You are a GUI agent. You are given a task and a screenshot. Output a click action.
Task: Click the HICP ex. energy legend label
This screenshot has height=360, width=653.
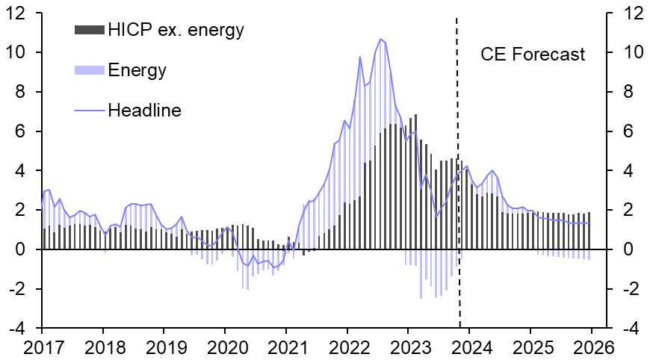[176, 31]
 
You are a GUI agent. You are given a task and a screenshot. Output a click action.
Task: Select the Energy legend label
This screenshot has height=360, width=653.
[137, 71]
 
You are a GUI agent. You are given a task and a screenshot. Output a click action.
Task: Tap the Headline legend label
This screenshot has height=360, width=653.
[145, 111]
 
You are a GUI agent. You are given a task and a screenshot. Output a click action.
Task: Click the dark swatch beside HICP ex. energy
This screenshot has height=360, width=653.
[90, 31]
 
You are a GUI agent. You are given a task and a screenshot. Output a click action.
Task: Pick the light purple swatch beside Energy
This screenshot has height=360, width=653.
[90, 71]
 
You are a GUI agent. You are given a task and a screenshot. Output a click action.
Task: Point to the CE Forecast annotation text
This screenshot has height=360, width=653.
[532, 55]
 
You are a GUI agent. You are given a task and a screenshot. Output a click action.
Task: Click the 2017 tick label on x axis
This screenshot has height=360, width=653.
[42, 347]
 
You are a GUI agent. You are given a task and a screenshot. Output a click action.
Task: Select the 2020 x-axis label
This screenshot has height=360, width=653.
[225, 347]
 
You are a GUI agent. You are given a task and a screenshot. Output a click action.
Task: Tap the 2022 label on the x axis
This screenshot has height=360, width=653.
[347, 347]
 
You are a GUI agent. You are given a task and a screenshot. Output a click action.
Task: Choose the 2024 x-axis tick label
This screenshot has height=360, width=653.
[469, 347]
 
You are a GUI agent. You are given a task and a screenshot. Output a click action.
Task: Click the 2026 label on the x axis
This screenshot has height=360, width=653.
[592, 347]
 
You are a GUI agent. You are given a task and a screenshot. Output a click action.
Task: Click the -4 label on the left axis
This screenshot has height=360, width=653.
[23, 328]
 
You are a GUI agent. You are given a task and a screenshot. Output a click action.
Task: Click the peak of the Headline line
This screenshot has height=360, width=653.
[380, 39]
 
